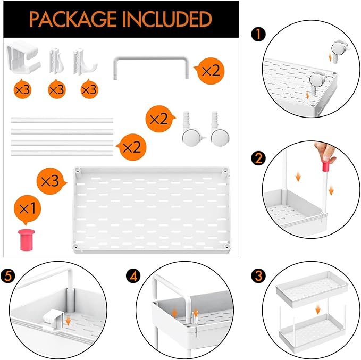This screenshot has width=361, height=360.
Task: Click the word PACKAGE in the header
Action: click(73, 19)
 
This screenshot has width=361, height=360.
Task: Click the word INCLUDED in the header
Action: click(168, 19)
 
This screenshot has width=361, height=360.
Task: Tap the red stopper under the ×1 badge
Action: click(27, 240)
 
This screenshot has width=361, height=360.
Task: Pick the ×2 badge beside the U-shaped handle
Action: click(209, 71)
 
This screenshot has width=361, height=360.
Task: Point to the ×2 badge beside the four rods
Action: click(132, 147)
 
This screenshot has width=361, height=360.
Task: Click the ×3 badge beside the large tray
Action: click(51, 181)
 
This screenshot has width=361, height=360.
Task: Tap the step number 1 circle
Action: click(258, 35)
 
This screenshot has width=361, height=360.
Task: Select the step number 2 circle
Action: click(258, 158)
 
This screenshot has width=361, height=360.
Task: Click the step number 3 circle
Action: click(258, 275)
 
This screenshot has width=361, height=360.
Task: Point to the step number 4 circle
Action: click(133, 275)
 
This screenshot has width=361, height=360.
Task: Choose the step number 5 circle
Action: click(8, 275)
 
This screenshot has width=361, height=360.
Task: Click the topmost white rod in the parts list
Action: click(62, 120)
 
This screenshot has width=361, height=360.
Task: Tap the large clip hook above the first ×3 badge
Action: click(23, 57)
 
